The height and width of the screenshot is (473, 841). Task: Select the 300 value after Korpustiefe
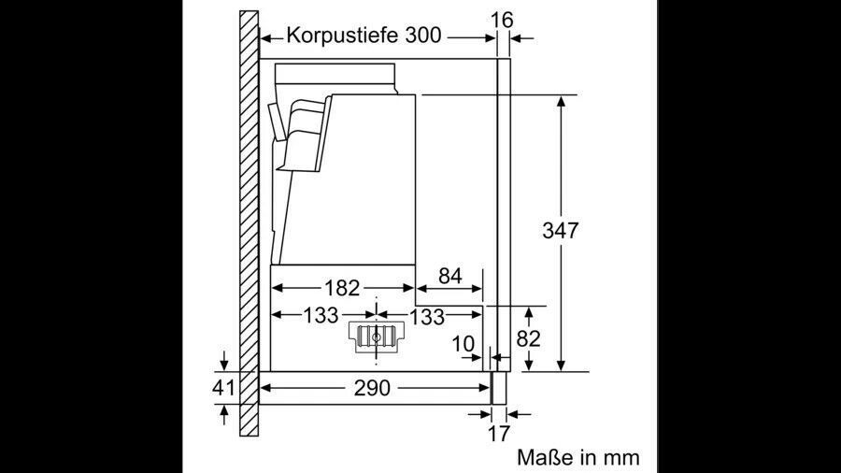coord(423,36)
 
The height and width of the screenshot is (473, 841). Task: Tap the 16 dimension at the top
coord(502,20)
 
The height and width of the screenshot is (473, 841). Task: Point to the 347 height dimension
coord(561,231)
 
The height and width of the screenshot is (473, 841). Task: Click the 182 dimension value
coord(342,289)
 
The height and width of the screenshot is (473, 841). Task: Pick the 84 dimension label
coord(450,276)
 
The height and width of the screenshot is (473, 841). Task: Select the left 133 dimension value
coord(321,315)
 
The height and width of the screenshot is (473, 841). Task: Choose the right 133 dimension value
coord(427,316)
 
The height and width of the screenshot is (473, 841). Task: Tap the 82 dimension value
coord(528,339)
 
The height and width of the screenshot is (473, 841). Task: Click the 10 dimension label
coord(463,344)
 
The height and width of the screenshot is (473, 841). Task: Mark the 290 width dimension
coord(372,388)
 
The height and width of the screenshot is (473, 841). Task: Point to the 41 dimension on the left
coord(223,387)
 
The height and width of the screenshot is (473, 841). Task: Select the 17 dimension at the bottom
coord(498,434)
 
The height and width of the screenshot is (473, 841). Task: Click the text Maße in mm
coord(578,457)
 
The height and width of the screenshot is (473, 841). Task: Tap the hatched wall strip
coord(249,223)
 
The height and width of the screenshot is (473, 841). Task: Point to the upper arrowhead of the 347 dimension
coord(561,102)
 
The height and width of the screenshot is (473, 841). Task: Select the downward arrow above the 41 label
coord(224,360)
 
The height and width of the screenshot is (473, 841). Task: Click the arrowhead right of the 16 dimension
coord(516,38)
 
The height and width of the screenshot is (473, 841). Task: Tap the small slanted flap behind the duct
coord(276,122)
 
